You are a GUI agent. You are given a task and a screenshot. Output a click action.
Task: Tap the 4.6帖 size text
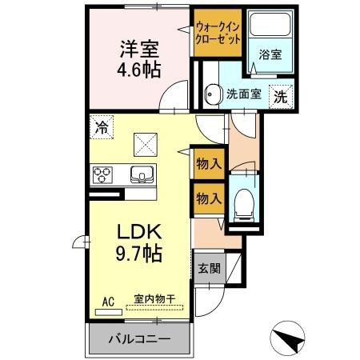click(139, 70)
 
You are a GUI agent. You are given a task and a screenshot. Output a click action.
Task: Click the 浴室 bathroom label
click(270, 55)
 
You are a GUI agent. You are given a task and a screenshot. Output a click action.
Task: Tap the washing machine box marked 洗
click(282, 95)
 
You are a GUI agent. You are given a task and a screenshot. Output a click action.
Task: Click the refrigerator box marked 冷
click(102, 126)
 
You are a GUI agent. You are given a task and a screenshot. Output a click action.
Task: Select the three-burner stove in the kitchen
click(104, 174)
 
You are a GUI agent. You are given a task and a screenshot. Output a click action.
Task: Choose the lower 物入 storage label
click(208, 198)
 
